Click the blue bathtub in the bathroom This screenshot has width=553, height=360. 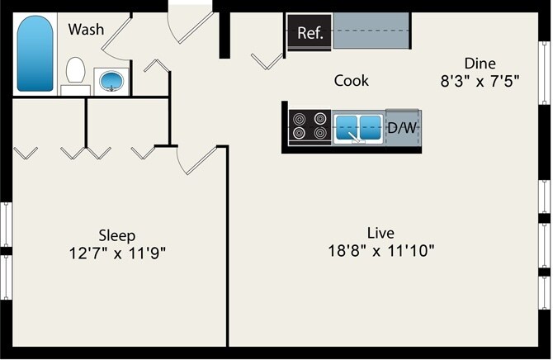click(35, 54)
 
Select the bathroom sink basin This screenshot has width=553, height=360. click(110, 81)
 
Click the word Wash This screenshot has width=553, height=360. click(86, 30)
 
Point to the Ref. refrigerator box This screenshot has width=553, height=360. click(310, 33)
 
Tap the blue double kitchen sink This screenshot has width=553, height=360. click(358, 127)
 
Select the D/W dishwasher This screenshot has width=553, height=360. click(402, 127)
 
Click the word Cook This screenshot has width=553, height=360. click(351, 81)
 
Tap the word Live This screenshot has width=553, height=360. click(380, 232)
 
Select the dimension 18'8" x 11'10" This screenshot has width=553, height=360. click(380, 250)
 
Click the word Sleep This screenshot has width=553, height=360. click(117, 235)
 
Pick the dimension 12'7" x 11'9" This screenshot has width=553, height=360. click(117, 253)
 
